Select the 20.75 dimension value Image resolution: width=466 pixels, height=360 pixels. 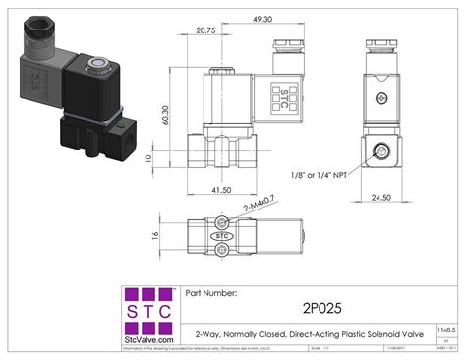205,30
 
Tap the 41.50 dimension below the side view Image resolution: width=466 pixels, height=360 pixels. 220,190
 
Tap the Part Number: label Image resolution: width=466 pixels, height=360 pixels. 209,292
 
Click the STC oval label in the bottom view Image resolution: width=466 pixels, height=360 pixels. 222,236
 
